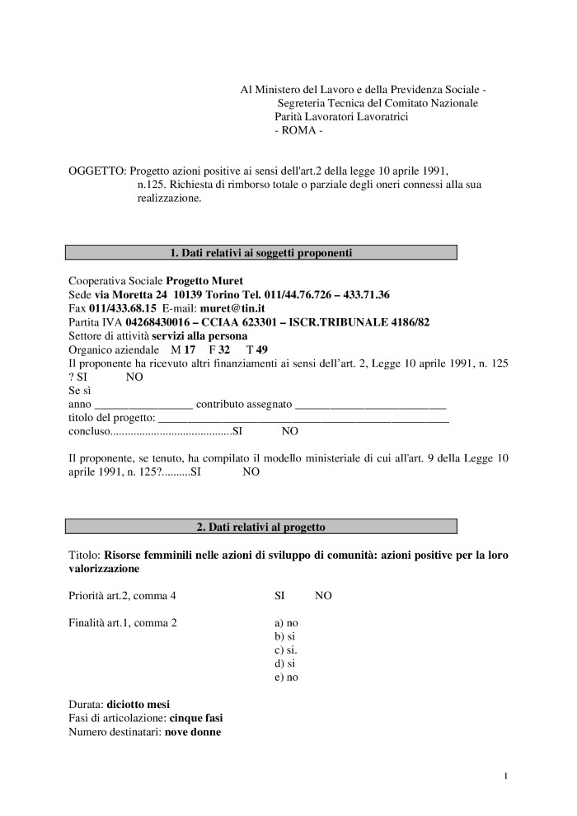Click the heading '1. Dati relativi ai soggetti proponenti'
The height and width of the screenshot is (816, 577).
[260, 252]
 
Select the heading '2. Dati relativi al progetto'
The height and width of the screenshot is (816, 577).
[260, 526]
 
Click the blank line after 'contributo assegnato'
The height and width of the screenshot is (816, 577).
[370, 405]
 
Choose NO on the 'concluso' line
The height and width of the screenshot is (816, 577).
[290, 431]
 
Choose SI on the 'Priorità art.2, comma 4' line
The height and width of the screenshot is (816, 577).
[279, 596]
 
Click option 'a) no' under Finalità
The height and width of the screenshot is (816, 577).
[286, 622]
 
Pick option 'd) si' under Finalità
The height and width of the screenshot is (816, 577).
[284, 664]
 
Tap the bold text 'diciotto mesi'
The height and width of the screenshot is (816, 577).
[138, 705]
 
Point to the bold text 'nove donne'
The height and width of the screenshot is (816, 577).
[193, 732]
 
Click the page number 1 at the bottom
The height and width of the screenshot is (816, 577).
[505, 776]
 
